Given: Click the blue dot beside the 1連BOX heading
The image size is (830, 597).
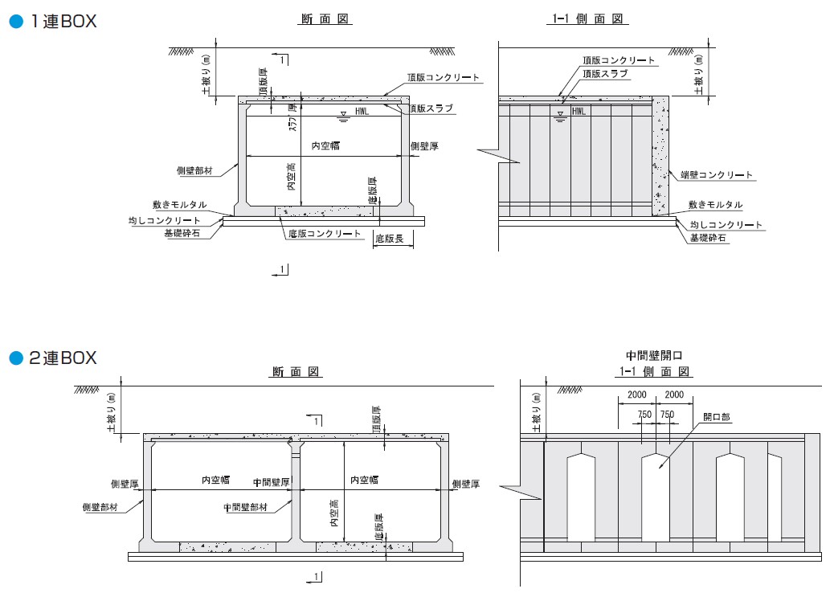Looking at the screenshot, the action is (x=16, y=21).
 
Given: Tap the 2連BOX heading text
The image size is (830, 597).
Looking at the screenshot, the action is (x=63, y=358).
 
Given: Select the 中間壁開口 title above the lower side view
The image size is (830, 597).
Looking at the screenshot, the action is (x=654, y=356).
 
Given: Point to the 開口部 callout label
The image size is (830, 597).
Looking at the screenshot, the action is (x=716, y=417).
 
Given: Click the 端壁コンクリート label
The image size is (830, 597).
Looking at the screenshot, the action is (x=716, y=174).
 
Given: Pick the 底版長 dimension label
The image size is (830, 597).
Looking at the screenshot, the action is (x=389, y=239).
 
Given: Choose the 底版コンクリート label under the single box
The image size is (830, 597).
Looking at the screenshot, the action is (x=324, y=233).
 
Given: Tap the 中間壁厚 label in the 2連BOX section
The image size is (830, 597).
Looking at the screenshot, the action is (x=271, y=482).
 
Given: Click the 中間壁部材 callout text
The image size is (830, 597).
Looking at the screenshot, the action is (x=245, y=507).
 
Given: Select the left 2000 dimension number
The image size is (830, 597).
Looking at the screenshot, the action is (x=637, y=395).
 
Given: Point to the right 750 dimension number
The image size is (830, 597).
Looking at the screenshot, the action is (x=667, y=415).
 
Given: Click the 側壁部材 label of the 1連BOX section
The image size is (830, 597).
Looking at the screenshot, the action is (x=194, y=170).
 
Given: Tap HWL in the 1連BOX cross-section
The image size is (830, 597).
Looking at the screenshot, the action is (x=362, y=111).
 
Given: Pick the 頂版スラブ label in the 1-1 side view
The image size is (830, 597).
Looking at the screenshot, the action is (x=605, y=74).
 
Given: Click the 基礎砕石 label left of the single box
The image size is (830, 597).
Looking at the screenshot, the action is (x=182, y=233).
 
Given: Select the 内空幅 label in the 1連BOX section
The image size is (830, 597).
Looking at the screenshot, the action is (x=325, y=145).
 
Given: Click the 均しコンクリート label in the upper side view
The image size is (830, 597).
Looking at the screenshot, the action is (x=726, y=225).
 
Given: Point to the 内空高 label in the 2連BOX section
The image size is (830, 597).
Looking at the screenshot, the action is (x=334, y=513).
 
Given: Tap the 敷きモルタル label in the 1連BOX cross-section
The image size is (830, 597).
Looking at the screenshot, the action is (x=179, y=205).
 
